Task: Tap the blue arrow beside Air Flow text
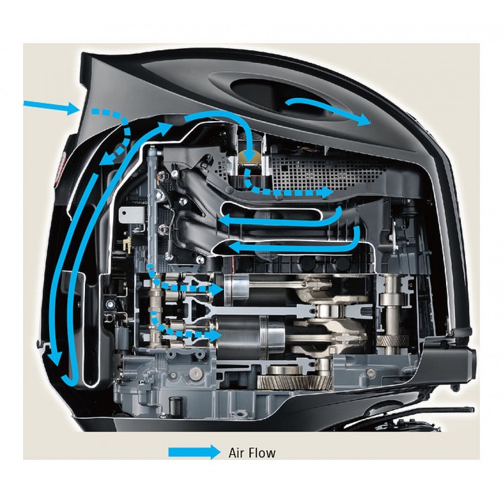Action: coord(194,452)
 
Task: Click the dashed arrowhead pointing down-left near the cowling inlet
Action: coord(105,159)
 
